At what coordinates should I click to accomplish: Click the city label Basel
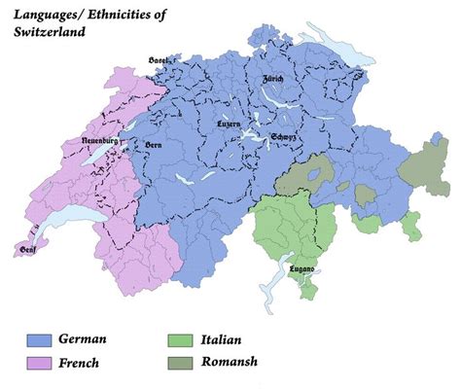click(x=160, y=59)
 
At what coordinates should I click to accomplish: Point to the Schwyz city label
click(x=284, y=137)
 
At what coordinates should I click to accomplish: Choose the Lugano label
click(x=301, y=269)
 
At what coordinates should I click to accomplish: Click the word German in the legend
click(x=83, y=339)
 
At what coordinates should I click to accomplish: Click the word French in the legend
click(x=80, y=364)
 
